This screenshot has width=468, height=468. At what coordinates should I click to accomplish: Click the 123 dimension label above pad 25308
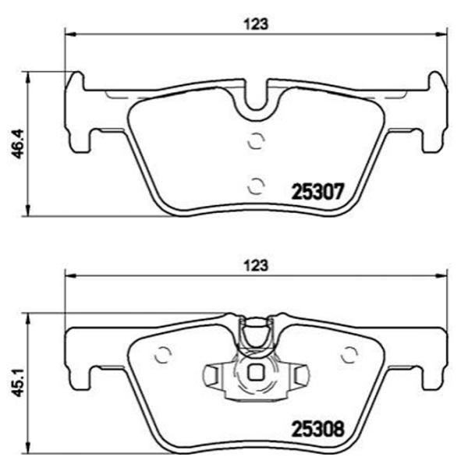[257, 264]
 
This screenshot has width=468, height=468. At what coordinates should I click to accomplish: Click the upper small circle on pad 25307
[254, 141]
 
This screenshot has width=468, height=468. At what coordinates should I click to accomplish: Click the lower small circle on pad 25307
[254, 185]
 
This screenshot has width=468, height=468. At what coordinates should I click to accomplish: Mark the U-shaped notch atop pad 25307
[255, 100]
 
